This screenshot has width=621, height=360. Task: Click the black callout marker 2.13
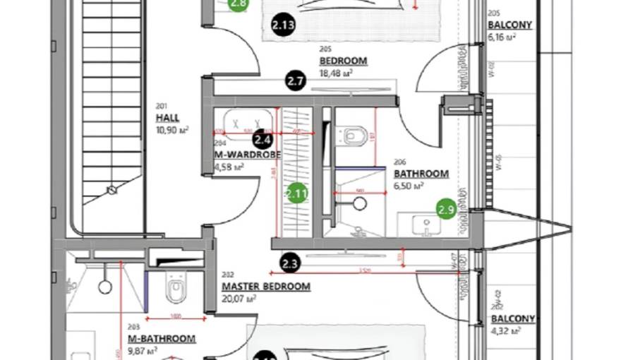tap(282, 26)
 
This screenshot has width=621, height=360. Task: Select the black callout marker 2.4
tap(263, 139)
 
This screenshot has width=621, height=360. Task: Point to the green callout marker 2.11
tap(297, 193)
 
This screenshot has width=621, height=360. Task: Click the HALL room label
tap(167, 119)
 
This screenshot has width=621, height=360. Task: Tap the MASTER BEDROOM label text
tap(266, 287)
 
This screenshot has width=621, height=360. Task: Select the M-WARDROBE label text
tap(248, 154)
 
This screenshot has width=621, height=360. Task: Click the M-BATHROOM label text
tap(162, 339)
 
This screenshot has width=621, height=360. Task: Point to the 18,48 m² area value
tap(337, 73)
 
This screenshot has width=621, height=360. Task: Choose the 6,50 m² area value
tap(409, 186)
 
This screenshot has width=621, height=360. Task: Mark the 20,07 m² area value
tap(239, 299)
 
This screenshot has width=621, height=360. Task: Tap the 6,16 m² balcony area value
tap(502, 37)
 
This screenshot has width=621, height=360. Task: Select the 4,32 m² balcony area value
tap(506, 331)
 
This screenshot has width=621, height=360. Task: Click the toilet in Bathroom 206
tap(356, 134)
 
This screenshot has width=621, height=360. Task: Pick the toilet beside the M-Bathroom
tap(175, 289)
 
